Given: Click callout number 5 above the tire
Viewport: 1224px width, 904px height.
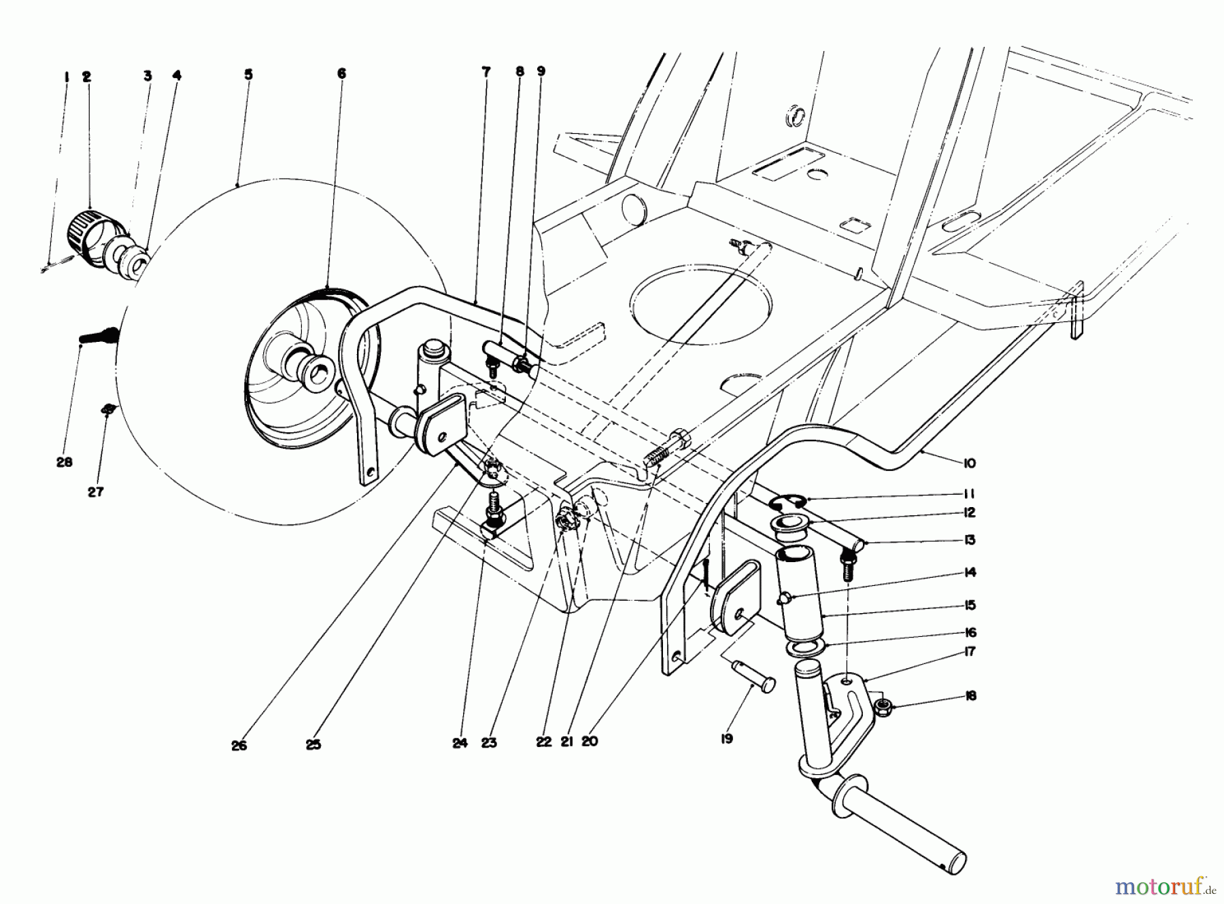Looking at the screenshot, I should click(248, 74).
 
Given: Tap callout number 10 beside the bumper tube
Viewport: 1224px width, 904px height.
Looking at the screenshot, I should click(970, 464).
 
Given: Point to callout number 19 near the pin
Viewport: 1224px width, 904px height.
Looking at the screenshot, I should click(727, 738).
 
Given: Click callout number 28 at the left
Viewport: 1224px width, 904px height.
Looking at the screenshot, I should click(65, 462).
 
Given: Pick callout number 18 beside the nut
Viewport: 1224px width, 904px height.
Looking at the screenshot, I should click(970, 696).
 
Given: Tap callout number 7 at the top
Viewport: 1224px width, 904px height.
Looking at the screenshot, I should click(486, 71).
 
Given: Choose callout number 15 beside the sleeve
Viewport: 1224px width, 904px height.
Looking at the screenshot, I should click(970, 605).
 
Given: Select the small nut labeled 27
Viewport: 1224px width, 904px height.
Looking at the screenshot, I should click(107, 408).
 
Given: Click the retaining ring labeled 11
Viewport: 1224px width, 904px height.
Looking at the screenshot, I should click(785, 502).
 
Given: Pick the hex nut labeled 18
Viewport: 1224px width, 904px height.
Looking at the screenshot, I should click(884, 707).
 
